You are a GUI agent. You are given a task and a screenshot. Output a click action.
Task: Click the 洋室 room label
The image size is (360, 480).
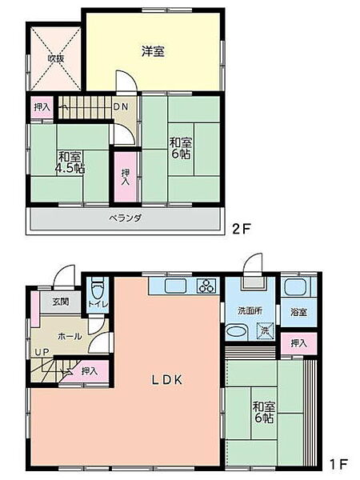tap(153, 51)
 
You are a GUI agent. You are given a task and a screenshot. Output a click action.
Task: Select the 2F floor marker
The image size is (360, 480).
tap(242, 228)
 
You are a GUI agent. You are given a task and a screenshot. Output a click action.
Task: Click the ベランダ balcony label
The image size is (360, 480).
tap(126, 218)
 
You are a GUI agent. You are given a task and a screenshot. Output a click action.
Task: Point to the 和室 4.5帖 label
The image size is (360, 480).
tap(69, 163)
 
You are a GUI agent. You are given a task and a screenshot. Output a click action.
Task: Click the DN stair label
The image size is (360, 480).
tap(120, 106)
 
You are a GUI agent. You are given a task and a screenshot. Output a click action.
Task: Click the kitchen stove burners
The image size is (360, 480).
tap(206, 286)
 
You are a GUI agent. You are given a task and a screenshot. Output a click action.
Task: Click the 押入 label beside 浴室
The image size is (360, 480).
tap(298, 342)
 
